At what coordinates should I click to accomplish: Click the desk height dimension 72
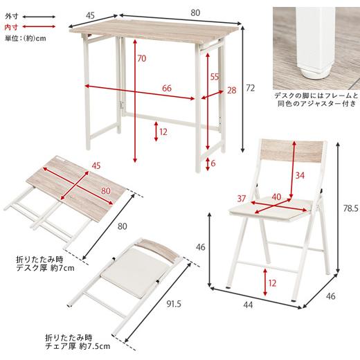250,88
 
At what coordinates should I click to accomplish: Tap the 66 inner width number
166,88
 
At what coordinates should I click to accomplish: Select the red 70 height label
141,59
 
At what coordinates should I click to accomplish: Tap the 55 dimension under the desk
215,76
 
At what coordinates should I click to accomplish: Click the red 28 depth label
231,89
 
